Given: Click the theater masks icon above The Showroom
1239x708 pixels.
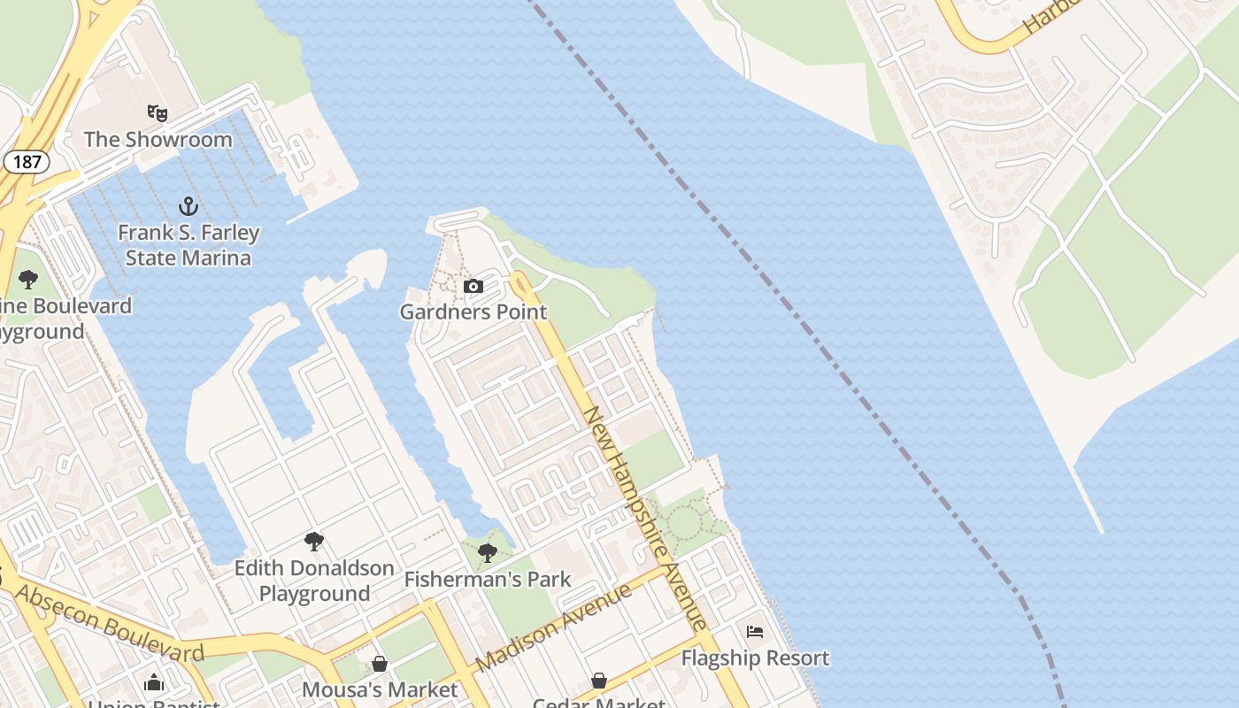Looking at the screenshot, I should [158, 112].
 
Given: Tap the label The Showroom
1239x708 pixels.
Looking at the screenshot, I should [158, 139].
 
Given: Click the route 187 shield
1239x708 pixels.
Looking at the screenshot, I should [27, 161].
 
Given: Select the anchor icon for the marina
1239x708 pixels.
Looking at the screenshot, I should [188, 207].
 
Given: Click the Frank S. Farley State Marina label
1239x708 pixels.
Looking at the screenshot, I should [189, 245].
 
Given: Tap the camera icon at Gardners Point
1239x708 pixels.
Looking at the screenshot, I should [473, 286].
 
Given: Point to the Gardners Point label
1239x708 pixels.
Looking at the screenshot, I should [473, 312].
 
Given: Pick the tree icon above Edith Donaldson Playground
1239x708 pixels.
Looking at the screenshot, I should [313, 541].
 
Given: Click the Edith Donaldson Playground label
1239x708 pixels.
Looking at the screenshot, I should [314, 581].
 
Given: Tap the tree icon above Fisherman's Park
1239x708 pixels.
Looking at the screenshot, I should [487, 553].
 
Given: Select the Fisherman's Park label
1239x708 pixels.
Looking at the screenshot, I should [488, 580].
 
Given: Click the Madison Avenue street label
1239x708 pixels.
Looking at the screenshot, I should [553, 627].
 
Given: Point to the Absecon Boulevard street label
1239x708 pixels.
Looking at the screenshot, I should [110, 624].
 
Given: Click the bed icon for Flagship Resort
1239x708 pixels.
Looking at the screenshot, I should [755, 632].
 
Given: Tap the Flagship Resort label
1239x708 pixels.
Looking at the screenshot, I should [755, 658].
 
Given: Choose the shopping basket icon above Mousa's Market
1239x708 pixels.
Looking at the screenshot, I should [380, 664].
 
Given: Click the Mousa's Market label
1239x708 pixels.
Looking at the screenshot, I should [381, 689].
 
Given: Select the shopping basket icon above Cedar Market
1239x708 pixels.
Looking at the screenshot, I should [599, 681].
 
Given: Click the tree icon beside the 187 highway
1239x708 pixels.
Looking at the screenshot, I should [28, 281].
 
